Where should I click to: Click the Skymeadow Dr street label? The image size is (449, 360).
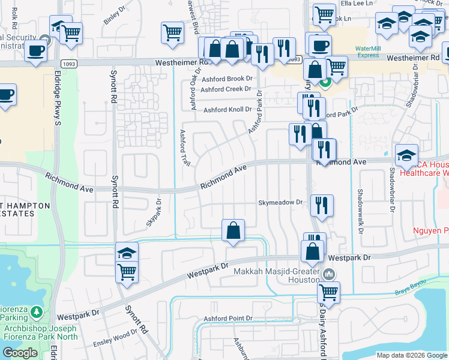click(x=280, y=203)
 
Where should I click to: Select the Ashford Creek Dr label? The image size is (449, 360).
click(x=226, y=89)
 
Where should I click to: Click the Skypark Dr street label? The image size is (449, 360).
click(x=154, y=212)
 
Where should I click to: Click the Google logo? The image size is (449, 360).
click(x=20, y=353)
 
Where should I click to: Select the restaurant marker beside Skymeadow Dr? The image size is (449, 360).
click(x=322, y=205)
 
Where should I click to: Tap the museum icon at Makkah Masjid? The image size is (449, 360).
click(x=328, y=275)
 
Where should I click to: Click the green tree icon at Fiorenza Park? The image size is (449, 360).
click(x=37, y=312)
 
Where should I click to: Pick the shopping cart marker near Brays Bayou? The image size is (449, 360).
click(x=328, y=292)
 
